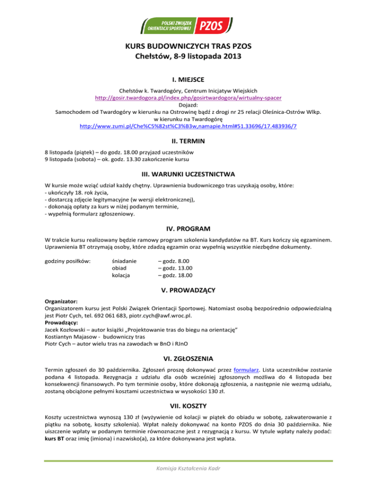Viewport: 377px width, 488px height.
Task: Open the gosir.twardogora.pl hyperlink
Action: point(188,97)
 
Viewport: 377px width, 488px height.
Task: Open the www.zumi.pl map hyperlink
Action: point(188,126)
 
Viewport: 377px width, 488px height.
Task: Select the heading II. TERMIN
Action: point(188,141)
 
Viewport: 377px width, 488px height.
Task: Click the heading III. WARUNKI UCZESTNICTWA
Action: point(188,174)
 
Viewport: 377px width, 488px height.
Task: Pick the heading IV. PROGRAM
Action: point(188,229)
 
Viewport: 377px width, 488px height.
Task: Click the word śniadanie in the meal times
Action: point(125,261)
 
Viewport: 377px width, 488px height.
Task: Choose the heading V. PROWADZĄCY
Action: point(188,290)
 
